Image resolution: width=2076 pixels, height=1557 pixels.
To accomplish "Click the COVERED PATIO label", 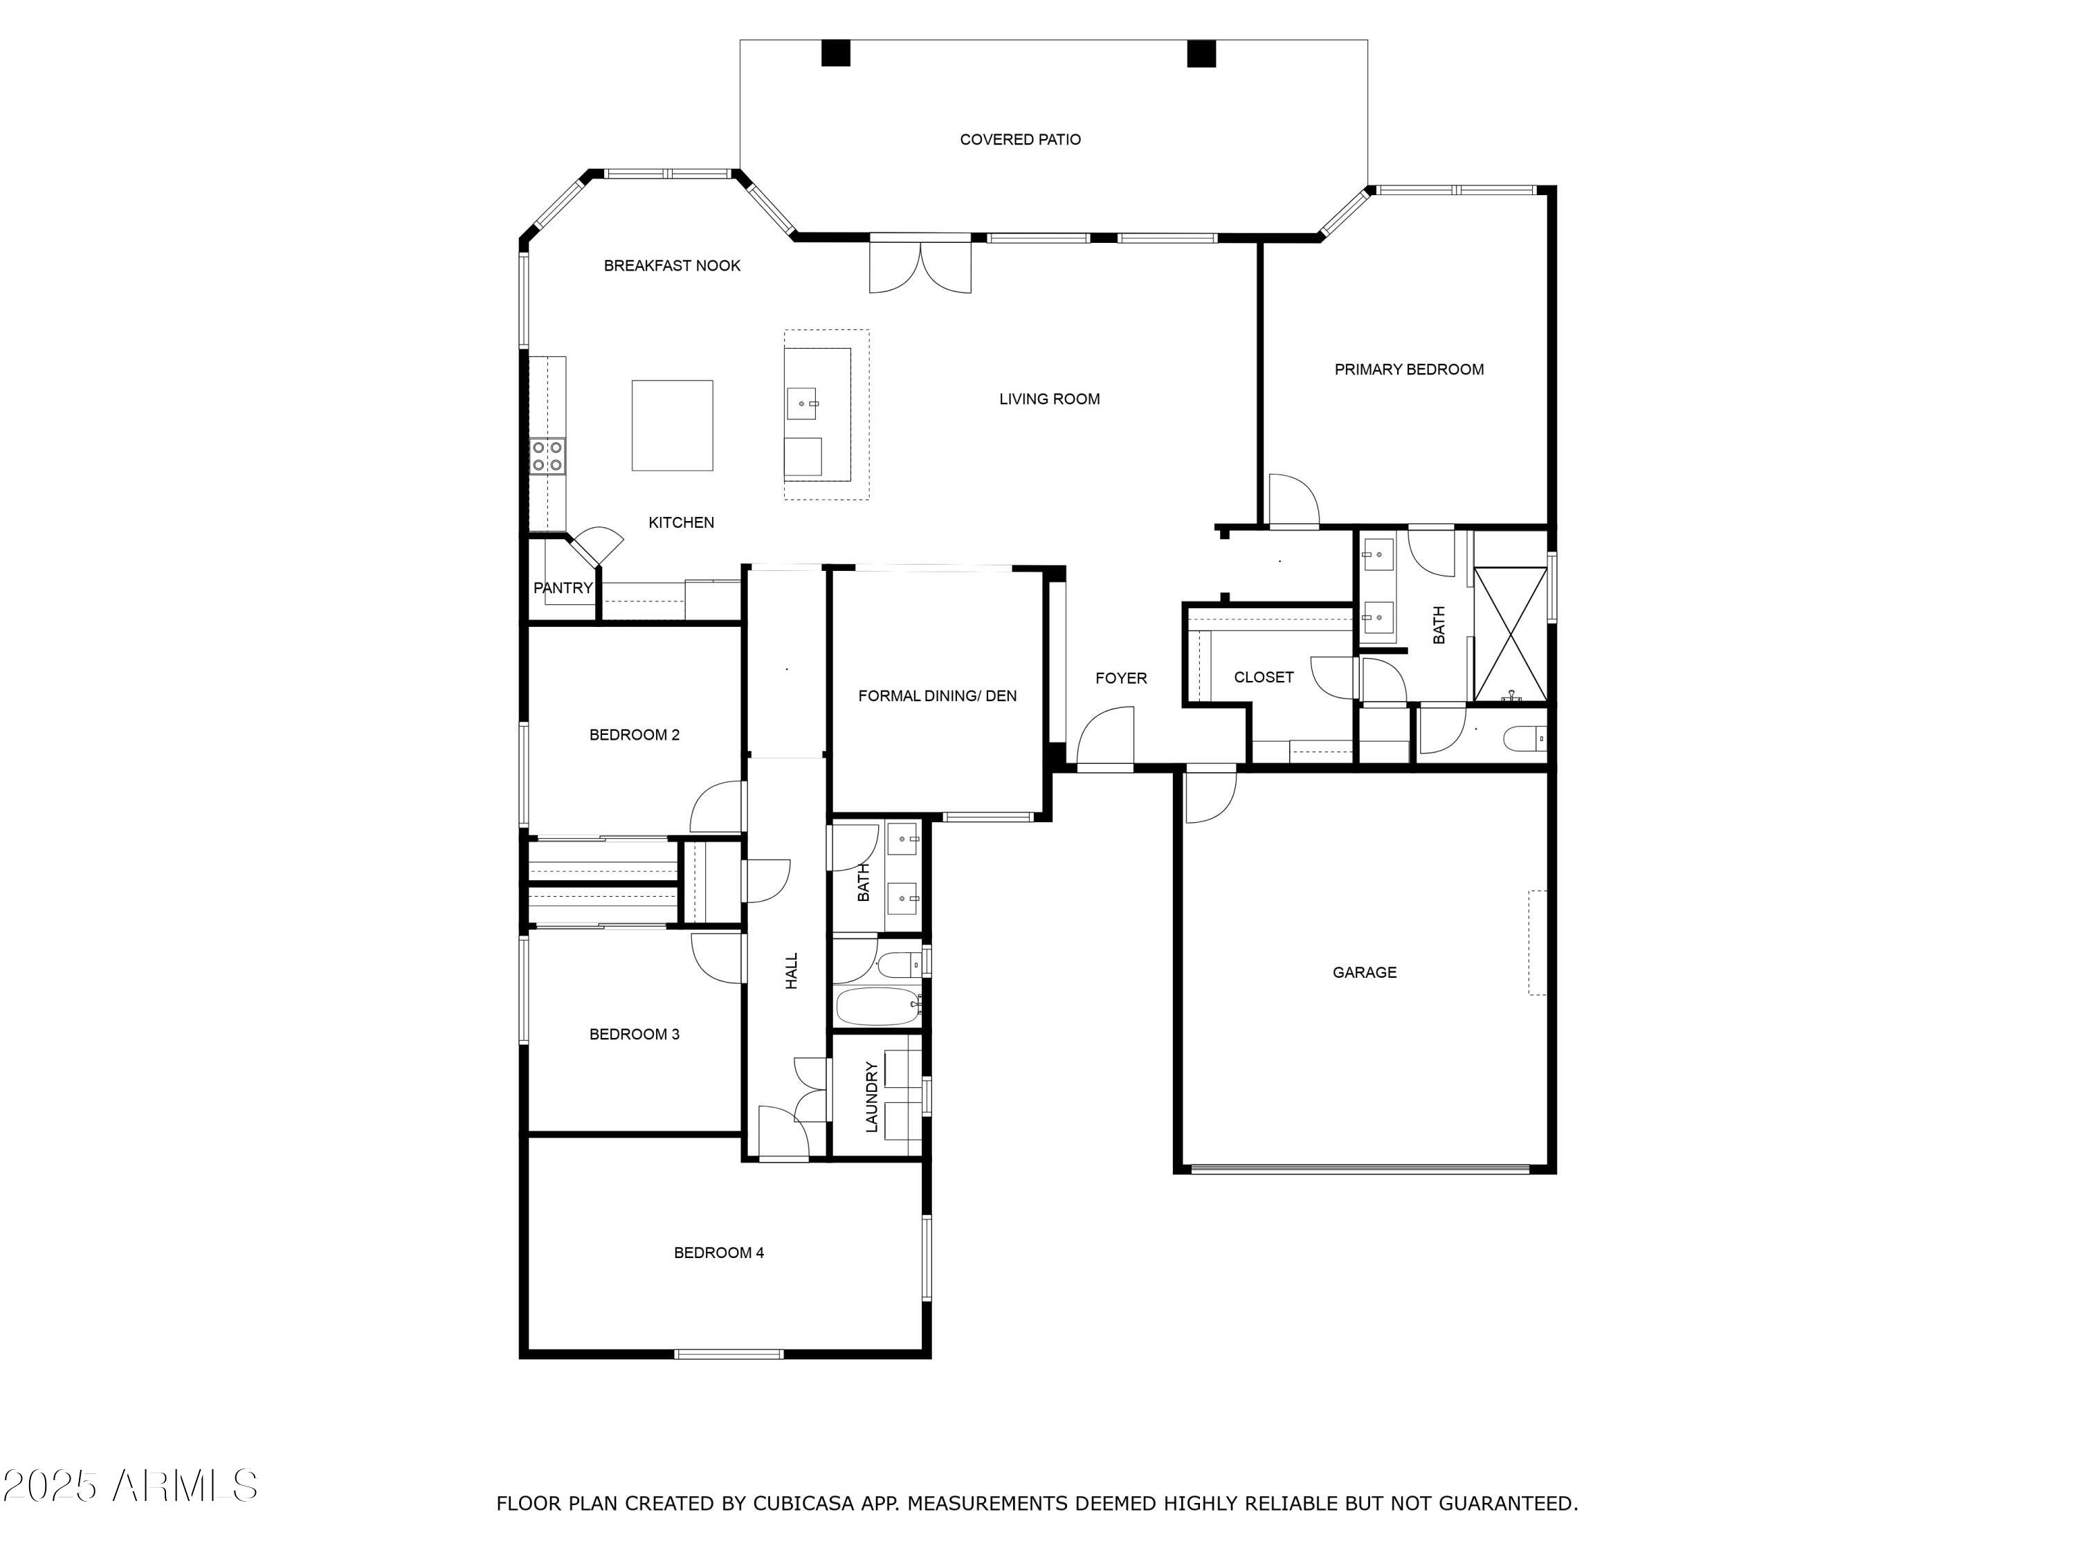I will pyautogui.click(x=1019, y=140).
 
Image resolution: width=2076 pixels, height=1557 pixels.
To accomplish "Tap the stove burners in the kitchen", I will pyautogui.click(x=547, y=456).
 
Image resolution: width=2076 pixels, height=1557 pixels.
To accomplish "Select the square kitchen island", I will pyautogui.click(x=672, y=425).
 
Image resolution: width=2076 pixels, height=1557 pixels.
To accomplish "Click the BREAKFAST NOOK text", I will pyautogui.click(x=672, y=266).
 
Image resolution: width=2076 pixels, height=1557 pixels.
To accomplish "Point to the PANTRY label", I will pyautogui.click(x=563, y=588).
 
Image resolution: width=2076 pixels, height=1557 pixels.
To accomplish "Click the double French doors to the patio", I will pyautogui.click(x=920, y=266).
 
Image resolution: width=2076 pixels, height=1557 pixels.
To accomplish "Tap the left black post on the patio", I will pyautogui.click(x=835, y=53).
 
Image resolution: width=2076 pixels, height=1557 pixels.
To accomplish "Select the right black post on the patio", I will pyautogui.click(x=1201, y=53).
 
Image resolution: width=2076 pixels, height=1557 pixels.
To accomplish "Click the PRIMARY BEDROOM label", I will pyautogui.click(x=1409, y=370).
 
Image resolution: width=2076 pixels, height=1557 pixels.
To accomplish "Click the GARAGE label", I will pyautogui.click(x=1364, y=972).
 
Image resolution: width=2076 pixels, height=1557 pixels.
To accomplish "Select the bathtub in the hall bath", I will pyautogui.click(x=877, y=1007).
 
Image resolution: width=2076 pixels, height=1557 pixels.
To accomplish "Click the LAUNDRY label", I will pyautogui.click(x=871, y=1096).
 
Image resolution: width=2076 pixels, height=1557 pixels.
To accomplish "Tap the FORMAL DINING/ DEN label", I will pyautogui.click(x=937, y=695).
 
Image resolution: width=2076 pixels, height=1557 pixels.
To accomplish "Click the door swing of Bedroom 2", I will pyautogui.click(x=716, y=807).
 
